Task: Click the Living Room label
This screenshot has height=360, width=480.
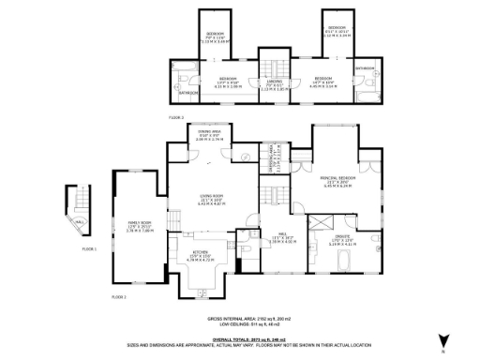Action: click(x=211, y=200)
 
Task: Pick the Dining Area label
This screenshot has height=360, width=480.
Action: click(x=210, y=135)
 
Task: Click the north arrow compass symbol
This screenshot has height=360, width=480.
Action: click(x=441, y=340)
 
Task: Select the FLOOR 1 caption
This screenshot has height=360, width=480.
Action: click(x=90, y=249)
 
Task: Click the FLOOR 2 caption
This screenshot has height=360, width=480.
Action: click(x=119, y=296)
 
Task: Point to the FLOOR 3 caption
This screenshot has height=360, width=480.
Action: click(x=176, y=118)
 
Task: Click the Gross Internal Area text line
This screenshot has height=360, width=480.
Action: click(x=241, y=319)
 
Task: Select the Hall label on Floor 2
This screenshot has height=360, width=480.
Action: click(x=277, y=238)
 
